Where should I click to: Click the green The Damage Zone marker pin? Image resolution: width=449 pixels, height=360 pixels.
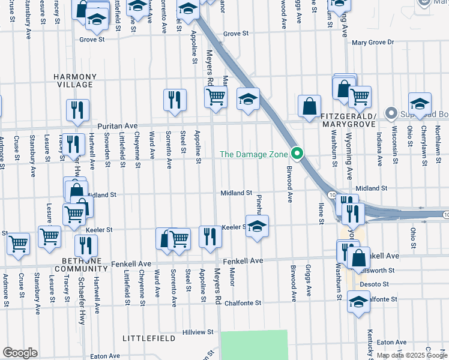296,154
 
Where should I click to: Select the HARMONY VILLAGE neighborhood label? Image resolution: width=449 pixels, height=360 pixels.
74,81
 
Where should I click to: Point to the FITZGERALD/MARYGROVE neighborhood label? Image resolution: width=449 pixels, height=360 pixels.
348,119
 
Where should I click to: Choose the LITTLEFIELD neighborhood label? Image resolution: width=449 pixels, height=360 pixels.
148,338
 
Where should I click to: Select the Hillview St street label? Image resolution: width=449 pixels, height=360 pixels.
198,332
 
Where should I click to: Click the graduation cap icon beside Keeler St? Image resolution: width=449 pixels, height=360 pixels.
257,226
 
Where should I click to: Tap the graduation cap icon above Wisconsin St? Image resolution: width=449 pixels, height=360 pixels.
420,103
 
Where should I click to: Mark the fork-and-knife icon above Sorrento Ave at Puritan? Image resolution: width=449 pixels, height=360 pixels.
175,100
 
